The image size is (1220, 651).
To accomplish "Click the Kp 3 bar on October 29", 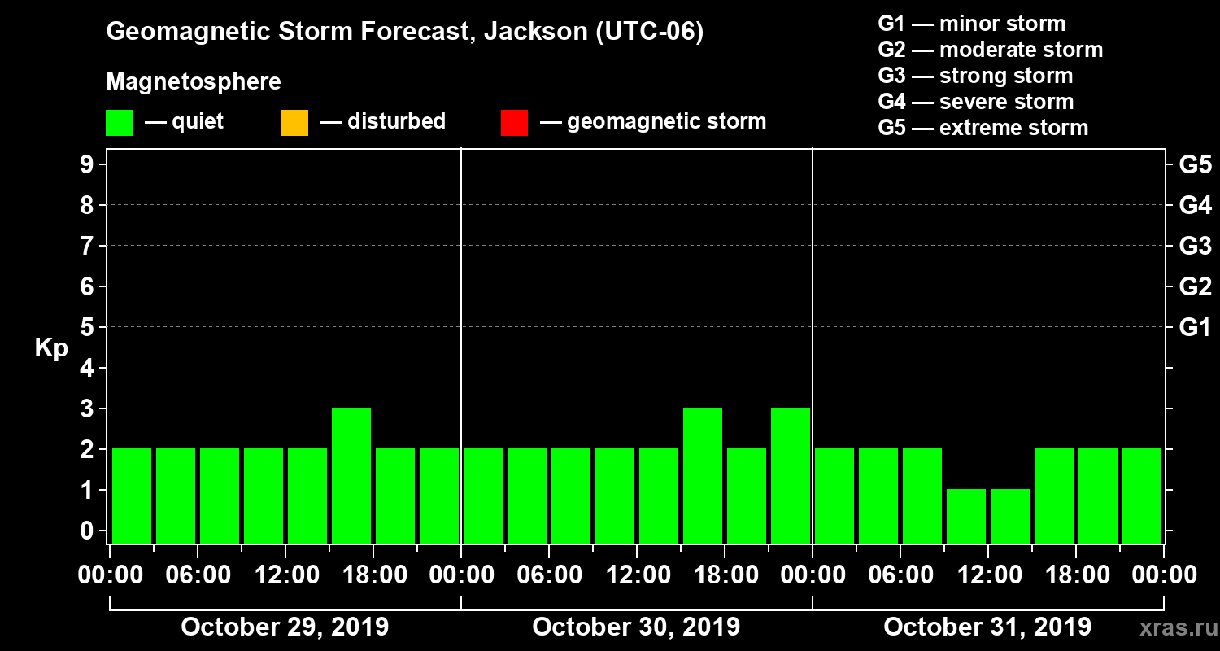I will pos(351,475).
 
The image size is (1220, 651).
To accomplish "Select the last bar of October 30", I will pos(791,475).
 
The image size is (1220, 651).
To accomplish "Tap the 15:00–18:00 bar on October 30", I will pos(703,475).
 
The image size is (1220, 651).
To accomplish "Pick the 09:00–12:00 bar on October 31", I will pos(966,516).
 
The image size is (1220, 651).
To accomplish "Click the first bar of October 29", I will pos(132,496).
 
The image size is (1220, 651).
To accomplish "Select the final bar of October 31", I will pos(1142,496).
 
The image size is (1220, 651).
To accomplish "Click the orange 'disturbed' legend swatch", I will pos(294,122).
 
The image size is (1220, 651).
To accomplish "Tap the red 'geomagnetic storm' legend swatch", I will pos(514,122).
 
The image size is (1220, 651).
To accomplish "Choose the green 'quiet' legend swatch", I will pos(119,122).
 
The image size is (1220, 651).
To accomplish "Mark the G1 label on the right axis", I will pos(1195,327).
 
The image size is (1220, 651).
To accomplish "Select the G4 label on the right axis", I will pos(1195,205).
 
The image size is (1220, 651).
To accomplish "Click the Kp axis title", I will pos(51,348).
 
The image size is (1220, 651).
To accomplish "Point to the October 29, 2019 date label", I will pos(285,627).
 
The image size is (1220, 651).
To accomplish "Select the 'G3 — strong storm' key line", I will pos(975,76).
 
